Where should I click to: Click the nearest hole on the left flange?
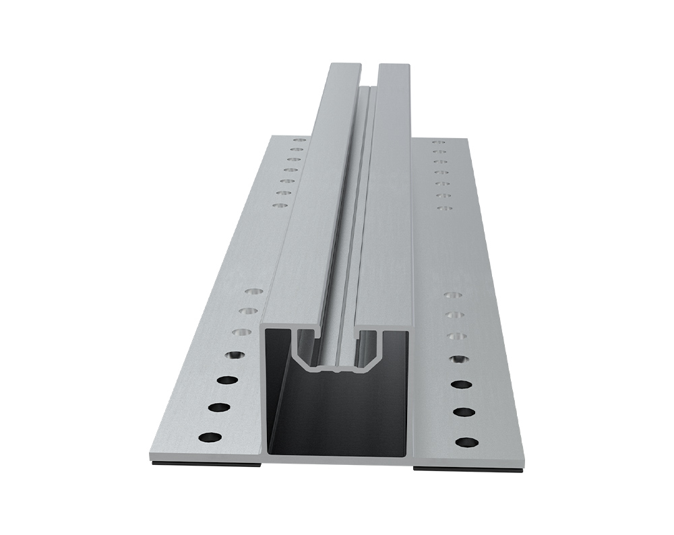click(x=210, y=437)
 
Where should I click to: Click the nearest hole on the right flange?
click(x=466, y=443)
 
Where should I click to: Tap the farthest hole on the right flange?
click(x=438, y=142)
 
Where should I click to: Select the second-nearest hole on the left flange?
click(x=217, y=406)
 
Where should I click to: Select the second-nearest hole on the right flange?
click(x=464, y=411)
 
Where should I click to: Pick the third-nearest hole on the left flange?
click(x=224, y=379)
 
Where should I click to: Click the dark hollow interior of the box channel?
click(x=337, y=418)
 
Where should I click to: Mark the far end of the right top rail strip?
click(x=394, y=66)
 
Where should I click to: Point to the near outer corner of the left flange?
click(x=150, y=458)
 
